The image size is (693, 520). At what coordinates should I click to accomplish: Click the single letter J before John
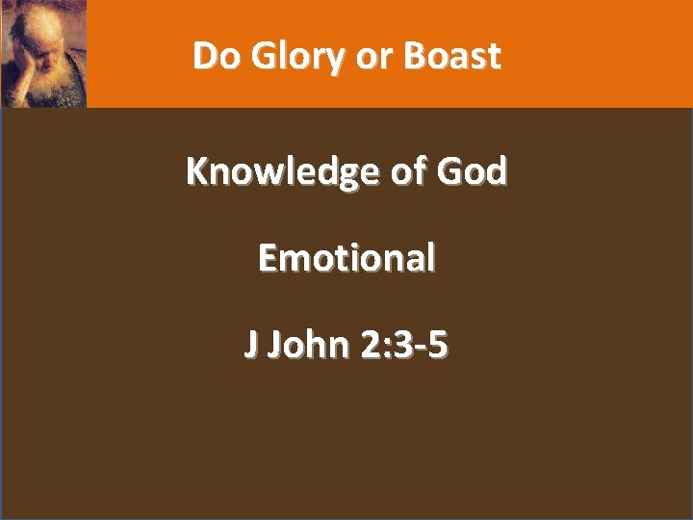coord(251,345)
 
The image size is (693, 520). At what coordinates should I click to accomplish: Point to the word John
coord(308,344)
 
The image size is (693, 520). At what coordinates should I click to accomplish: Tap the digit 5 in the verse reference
coord(438,344)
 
